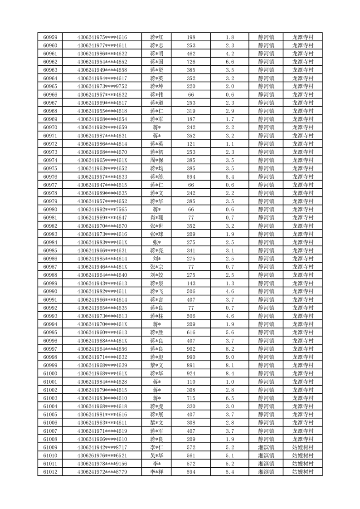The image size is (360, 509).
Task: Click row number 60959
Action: [50, 37]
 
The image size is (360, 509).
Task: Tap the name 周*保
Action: [157, 160]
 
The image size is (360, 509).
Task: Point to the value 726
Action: [191, 62]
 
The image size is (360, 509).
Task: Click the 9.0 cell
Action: [230, 357]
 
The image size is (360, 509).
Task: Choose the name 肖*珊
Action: [157, 218]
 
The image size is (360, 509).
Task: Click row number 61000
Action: [50, 373]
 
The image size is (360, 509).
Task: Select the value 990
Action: [191, 357]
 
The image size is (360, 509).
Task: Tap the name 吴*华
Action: [157, 455]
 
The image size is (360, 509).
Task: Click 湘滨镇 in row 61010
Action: [266, 455]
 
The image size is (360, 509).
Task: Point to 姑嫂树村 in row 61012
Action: [303, 472]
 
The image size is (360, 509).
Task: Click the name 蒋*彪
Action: [157, 357]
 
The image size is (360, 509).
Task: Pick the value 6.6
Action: [230, 62]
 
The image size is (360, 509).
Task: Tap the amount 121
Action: [191, 144]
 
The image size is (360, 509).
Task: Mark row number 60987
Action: [50, 267]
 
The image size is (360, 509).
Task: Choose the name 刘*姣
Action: [157, 275]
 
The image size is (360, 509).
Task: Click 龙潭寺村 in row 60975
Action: [303, 168]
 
